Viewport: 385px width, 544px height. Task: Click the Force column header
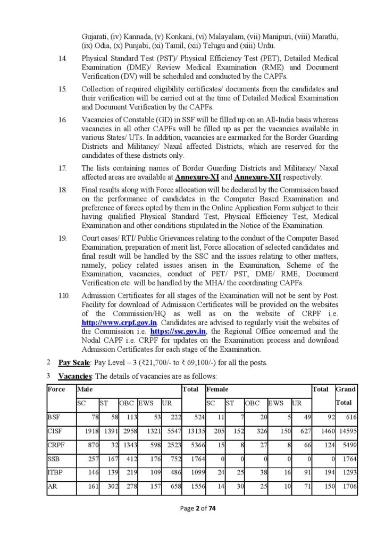(56, 389)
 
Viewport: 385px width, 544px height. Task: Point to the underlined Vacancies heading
(75, 376)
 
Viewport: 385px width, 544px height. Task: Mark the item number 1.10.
(63, 295)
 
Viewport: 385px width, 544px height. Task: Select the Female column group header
(217, 389)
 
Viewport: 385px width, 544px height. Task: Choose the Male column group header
(85, 389)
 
